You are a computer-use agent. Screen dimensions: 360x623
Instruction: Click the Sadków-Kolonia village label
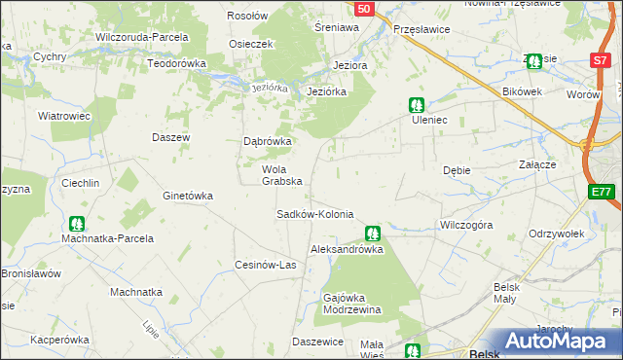[314, 214]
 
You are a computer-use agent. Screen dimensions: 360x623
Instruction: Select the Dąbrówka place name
[268, 141]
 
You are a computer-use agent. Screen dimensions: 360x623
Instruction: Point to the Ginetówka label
[188, 196]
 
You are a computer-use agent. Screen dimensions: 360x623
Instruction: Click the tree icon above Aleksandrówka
[372, 234]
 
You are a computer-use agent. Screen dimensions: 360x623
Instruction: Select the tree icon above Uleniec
[417, 104]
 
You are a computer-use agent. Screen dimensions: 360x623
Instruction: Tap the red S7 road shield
[600, 60]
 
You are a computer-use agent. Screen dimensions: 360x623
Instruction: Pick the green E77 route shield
[602, 193]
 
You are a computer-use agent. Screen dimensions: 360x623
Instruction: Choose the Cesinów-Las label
[265, 265]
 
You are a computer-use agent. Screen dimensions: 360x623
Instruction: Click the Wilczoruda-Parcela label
[141, 37]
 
